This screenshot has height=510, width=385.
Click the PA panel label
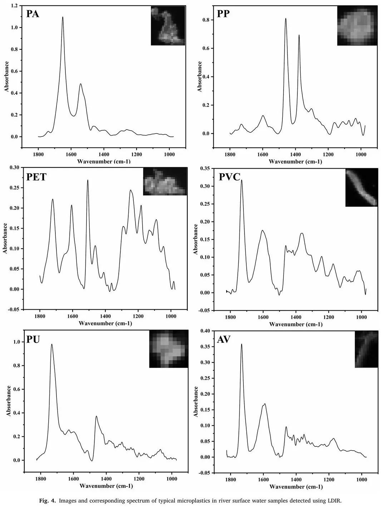(33, 14)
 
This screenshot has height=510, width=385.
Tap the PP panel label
(223, 14)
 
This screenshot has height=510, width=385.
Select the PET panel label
(36, 177)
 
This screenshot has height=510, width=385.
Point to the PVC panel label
(229, 177)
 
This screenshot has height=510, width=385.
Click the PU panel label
(33, 339)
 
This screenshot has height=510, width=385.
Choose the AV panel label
(224, 339)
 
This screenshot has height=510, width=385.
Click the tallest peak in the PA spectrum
(63, 17)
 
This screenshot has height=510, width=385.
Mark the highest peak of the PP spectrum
(286, 19)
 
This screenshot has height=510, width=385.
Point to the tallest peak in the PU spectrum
(52, 345)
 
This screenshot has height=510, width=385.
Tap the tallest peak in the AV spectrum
(242, 344)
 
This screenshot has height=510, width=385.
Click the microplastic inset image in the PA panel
(168, 26)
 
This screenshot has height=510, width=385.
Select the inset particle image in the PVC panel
(361, 187)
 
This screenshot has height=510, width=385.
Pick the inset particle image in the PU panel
(168, 349)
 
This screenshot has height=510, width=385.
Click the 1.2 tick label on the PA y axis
(14, 6)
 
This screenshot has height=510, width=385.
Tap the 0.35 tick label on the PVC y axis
(204, 168)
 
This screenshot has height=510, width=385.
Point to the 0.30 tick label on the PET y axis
(14, 167)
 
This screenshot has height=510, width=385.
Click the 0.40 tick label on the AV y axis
(204, 331)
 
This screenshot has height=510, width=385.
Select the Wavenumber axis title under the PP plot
(295, 161)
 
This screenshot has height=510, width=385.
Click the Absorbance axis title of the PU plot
(9, 401)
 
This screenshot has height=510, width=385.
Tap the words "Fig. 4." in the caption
(47, 501)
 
